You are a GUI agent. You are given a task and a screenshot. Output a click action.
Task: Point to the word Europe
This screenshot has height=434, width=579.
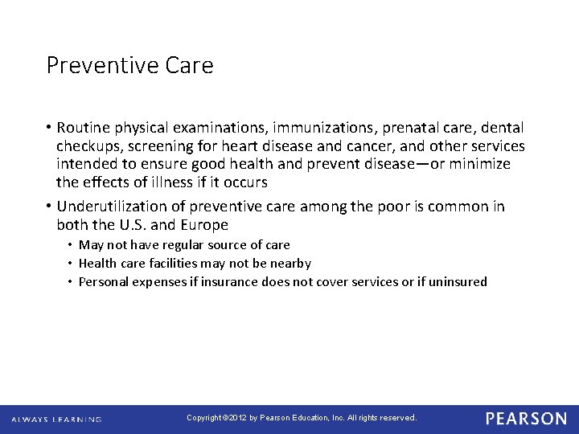pyautogui.click(x=205, y=225)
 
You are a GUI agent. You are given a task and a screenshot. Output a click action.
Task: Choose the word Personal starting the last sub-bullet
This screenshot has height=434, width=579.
pyautogui.click(x=103, y=281)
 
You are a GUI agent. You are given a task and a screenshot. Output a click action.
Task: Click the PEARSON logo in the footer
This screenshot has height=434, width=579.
pyautogui.click(x=526, y=419)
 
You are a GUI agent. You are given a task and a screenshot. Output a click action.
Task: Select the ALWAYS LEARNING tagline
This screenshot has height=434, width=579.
pyautogui.click(x=56, y=420)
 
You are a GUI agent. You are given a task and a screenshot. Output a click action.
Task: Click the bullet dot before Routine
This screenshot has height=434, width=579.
pyautogui.click(x=49, y=129)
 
